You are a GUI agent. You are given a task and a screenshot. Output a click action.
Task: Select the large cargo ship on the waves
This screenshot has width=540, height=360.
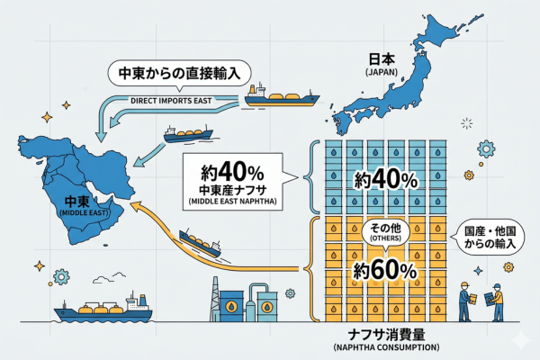click(x=103, y=310)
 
